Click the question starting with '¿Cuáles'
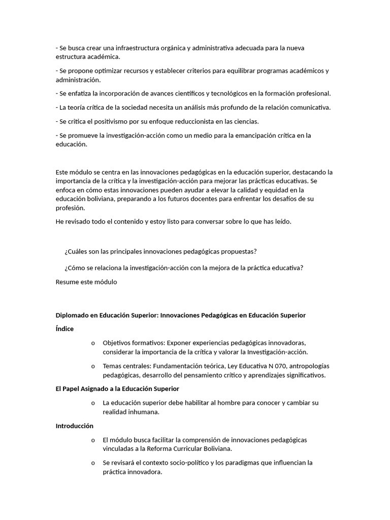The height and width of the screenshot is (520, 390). pos(160,252)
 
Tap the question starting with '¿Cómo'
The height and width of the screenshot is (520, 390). pos(184,268)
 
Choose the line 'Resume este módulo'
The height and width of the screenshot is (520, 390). pos(86,282)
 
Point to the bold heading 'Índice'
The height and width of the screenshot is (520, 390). pos(64,329)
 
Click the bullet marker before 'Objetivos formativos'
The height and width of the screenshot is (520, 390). pos(93,343)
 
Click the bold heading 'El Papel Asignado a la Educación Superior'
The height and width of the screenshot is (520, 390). pos(117,389)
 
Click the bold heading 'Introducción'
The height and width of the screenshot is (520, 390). pos(75,426)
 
